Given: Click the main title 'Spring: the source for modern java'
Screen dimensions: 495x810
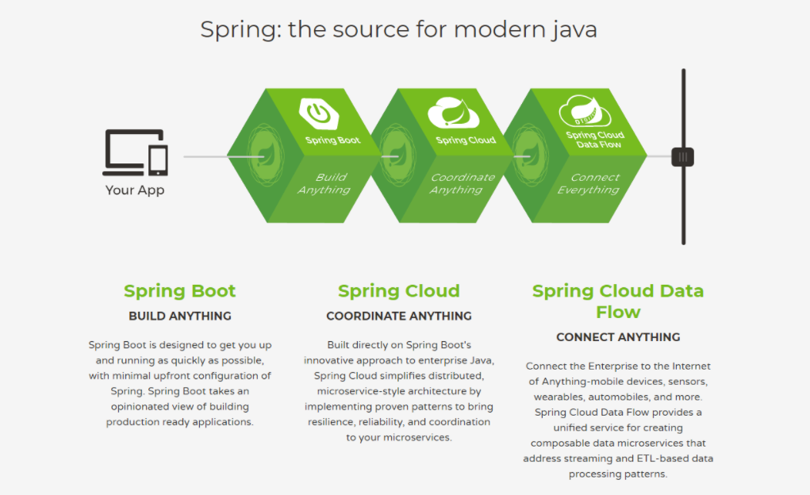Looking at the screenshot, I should [x=398, y=30].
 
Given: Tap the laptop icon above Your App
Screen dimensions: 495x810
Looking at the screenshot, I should [x=128, y=152].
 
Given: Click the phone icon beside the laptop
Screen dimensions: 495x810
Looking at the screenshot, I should [x=159, y=159].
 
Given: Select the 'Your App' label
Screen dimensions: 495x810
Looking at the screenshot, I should [x=135, y=190].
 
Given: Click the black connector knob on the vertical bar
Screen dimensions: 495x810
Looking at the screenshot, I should [x=682, y=156].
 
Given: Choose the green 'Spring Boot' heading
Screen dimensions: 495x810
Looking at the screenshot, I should [x=180, y=291].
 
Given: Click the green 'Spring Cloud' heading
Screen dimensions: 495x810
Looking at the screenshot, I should [x=399, y=291].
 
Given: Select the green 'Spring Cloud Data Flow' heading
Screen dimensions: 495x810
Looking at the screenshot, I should [x=618, y=301].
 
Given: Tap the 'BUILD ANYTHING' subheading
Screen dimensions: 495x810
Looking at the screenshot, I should [x=180, y=316].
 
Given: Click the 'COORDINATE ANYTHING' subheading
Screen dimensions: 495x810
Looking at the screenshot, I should [x=399, y=316].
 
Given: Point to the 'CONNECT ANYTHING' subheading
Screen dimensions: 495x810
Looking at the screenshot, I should [x=618, y=337].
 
